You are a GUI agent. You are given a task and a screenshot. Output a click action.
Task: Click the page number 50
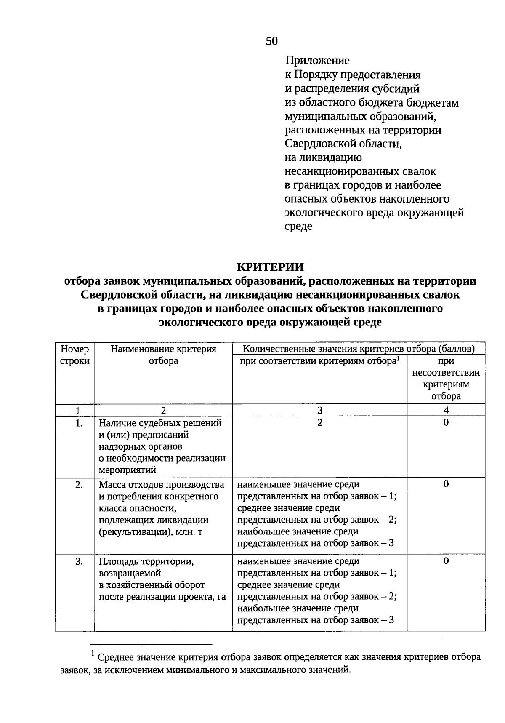click(272, 41)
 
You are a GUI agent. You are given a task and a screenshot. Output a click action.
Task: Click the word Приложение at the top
click(317, 61)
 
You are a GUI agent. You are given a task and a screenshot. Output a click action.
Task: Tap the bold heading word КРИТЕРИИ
click(270, 267)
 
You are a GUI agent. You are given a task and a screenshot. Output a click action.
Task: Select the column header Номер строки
click(75, 355)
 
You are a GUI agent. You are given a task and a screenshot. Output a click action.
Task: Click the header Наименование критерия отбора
click(163, 355)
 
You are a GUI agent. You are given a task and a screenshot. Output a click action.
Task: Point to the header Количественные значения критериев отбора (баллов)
click(359, 349)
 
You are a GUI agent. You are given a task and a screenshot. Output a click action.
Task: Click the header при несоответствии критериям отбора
click(446, 379)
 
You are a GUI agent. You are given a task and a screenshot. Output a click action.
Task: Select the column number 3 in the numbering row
click(320, 410)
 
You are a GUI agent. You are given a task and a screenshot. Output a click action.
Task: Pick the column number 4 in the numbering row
click(446, 410)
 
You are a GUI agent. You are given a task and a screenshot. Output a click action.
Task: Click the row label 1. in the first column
click(79, 423)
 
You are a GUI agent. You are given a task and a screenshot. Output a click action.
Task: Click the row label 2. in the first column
click(79, 485)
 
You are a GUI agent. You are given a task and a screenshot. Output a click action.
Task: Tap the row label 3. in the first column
click(79, 561)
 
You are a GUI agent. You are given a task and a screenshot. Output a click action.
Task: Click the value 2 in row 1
click(320, 423)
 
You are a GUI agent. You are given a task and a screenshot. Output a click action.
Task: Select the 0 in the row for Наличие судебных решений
click(446, 423)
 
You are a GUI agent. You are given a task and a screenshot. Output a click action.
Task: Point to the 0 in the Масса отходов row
click(446, 484)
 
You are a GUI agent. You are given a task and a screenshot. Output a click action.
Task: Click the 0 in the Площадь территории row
click(446, 561)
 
